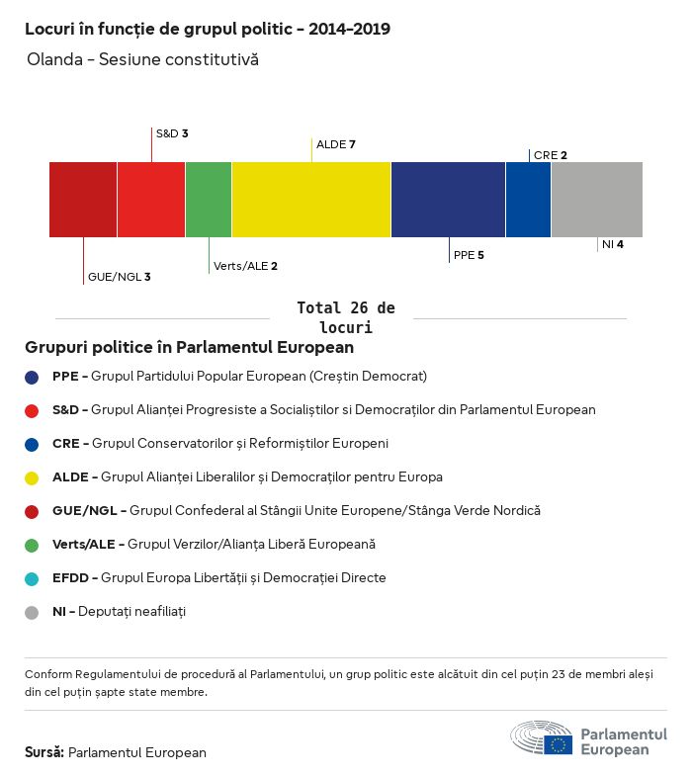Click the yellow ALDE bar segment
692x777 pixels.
pos(311,200)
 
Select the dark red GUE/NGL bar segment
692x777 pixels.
pos(83,200)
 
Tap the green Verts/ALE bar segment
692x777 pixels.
pos(209,200)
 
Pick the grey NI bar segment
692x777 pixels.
pos(596,200)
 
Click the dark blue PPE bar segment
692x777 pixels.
pos(448,200)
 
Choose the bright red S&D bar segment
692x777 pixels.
pos(151,200)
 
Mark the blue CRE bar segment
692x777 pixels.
pos(528,200)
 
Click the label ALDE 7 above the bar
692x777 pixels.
pos(336,144)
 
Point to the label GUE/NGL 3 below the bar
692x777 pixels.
pos(119,277)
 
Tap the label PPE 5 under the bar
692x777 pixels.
pos(469,255)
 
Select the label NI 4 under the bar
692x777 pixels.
pos(612,244)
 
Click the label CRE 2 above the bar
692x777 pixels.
pos(550,155)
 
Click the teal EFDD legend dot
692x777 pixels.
pos(32,578)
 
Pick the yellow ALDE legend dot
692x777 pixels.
pos(32,477)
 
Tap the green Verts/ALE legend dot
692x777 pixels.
pos(32,545)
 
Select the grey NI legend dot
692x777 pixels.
pos(32,612)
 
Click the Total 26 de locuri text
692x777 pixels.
pos(345,317)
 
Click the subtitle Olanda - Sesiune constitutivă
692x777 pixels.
pos(142,59)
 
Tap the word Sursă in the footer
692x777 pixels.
pos(44,752)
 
